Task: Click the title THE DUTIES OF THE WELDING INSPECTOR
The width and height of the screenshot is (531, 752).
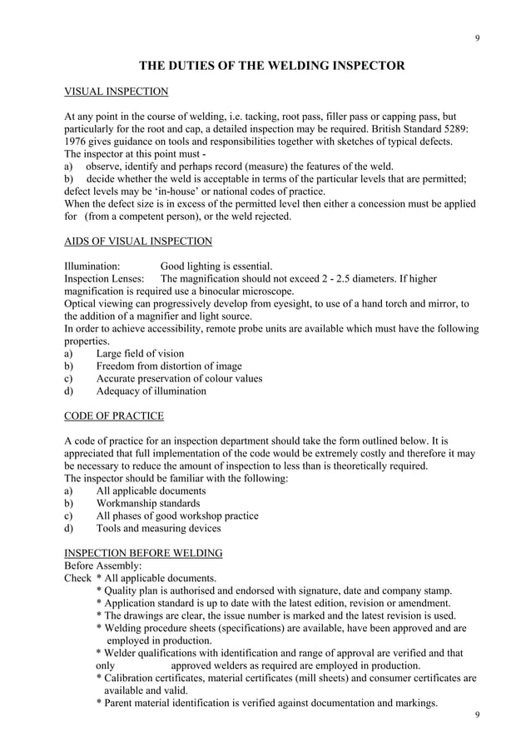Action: click(x=271, y=66)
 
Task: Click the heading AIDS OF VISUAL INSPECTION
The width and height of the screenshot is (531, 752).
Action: click(x=137, y=242)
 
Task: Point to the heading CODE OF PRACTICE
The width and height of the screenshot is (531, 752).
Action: click(x=113, y=416)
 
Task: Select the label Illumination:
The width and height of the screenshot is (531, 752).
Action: click(x=92, y=266)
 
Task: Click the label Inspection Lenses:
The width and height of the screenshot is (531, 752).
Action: click(x=105, y=279)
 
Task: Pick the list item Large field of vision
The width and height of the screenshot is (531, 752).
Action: click(x=140, y=354)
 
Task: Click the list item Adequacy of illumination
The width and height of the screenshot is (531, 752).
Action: click(x=151, y=391)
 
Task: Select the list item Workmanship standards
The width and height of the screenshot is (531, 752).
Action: click(x=147, y=503)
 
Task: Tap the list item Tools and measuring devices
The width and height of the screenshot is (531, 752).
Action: click(x=158, y=528)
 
